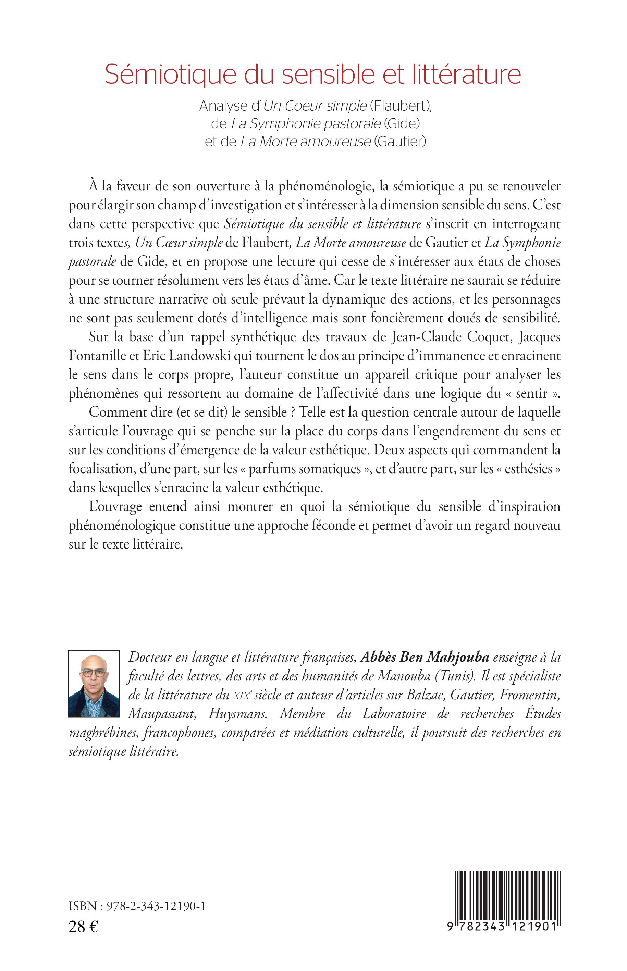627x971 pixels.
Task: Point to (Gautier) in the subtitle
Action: click(x=400, y=142)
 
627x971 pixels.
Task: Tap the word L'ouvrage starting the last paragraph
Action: click(x=115, y=506)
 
